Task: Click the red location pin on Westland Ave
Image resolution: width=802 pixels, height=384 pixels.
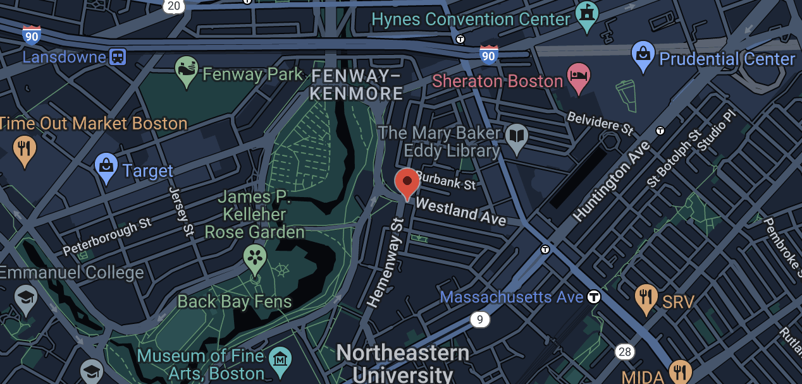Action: (x=407, y=182)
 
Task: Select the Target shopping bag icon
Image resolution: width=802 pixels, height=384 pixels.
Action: (x=106, y=167)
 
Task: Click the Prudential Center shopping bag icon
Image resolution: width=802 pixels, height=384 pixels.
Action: (x=643, y=56)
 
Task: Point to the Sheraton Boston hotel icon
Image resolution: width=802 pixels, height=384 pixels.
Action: (x=579, y=76)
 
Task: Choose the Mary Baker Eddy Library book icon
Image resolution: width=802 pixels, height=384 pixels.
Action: (x=517, y=138)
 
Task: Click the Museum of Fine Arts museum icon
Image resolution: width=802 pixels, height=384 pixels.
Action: (x=278, y=359)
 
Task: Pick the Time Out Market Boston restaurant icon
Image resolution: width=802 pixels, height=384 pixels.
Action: (x=25, y=150)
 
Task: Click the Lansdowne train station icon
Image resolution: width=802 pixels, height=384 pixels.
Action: (x=118, y=57)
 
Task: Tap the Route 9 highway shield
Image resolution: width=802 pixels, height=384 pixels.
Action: (x=480, y=320)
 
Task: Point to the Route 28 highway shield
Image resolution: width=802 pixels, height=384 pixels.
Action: (x=625, y=352)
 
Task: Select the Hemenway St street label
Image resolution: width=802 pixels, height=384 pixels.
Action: (x=385, y=263)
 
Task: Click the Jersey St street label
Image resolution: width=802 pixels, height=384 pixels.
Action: (x=181, y=211)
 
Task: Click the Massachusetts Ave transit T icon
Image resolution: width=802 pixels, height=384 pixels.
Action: (x=594, y=296)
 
